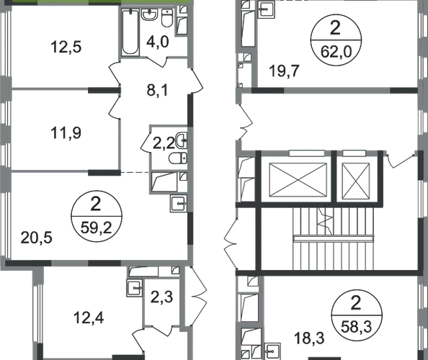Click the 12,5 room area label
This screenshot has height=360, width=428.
coord(66,48)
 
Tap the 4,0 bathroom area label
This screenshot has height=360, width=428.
coord(158,42)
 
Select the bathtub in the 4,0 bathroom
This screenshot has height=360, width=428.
coord(130,32)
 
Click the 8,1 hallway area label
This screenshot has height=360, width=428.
coord(158,90)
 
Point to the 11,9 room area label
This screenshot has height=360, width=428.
coord(66,133)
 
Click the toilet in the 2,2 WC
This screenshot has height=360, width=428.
coord(178,158)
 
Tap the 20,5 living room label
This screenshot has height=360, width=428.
coord(36,238)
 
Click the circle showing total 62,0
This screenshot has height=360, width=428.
coord(336,40)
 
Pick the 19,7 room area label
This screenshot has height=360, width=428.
coord(284,71)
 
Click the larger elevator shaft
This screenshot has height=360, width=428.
coord(298,180)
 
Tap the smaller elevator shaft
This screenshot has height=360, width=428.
coord(356,181)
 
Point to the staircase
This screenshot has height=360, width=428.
coord(334,238)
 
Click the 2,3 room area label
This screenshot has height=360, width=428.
coord(161,297)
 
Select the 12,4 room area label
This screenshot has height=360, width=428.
coord(89,318)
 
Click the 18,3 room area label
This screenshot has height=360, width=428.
coord(309,338)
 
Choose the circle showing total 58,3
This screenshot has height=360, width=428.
coord(357,315)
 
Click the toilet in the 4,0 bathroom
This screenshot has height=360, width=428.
coord(167,18)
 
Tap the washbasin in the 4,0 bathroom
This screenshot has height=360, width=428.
coord(149,14)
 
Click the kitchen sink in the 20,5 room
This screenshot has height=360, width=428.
coord(179,204)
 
